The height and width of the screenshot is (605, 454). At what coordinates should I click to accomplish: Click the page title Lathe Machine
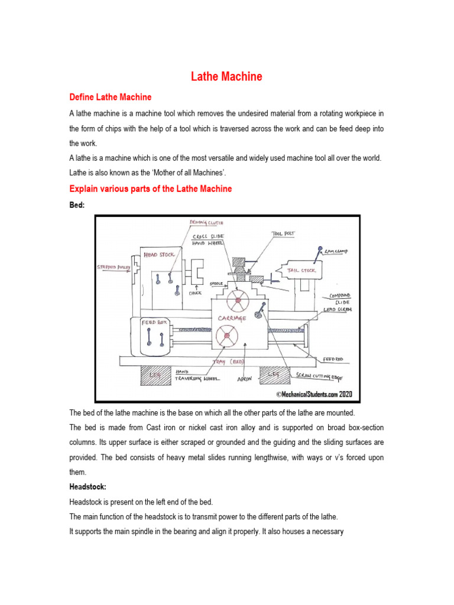[226, 77]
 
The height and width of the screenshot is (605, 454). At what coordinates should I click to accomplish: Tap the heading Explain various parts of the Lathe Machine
[151, 188]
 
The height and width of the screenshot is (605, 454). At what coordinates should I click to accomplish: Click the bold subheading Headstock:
[88, 488]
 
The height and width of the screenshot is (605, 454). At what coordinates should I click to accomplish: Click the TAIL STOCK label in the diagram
[301, 271]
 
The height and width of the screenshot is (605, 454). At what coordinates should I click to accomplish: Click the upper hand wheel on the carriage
[238, 301]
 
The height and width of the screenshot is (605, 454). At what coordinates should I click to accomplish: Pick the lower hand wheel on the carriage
[227, 337]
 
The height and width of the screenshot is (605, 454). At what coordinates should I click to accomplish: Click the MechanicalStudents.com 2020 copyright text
[305, 393]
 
